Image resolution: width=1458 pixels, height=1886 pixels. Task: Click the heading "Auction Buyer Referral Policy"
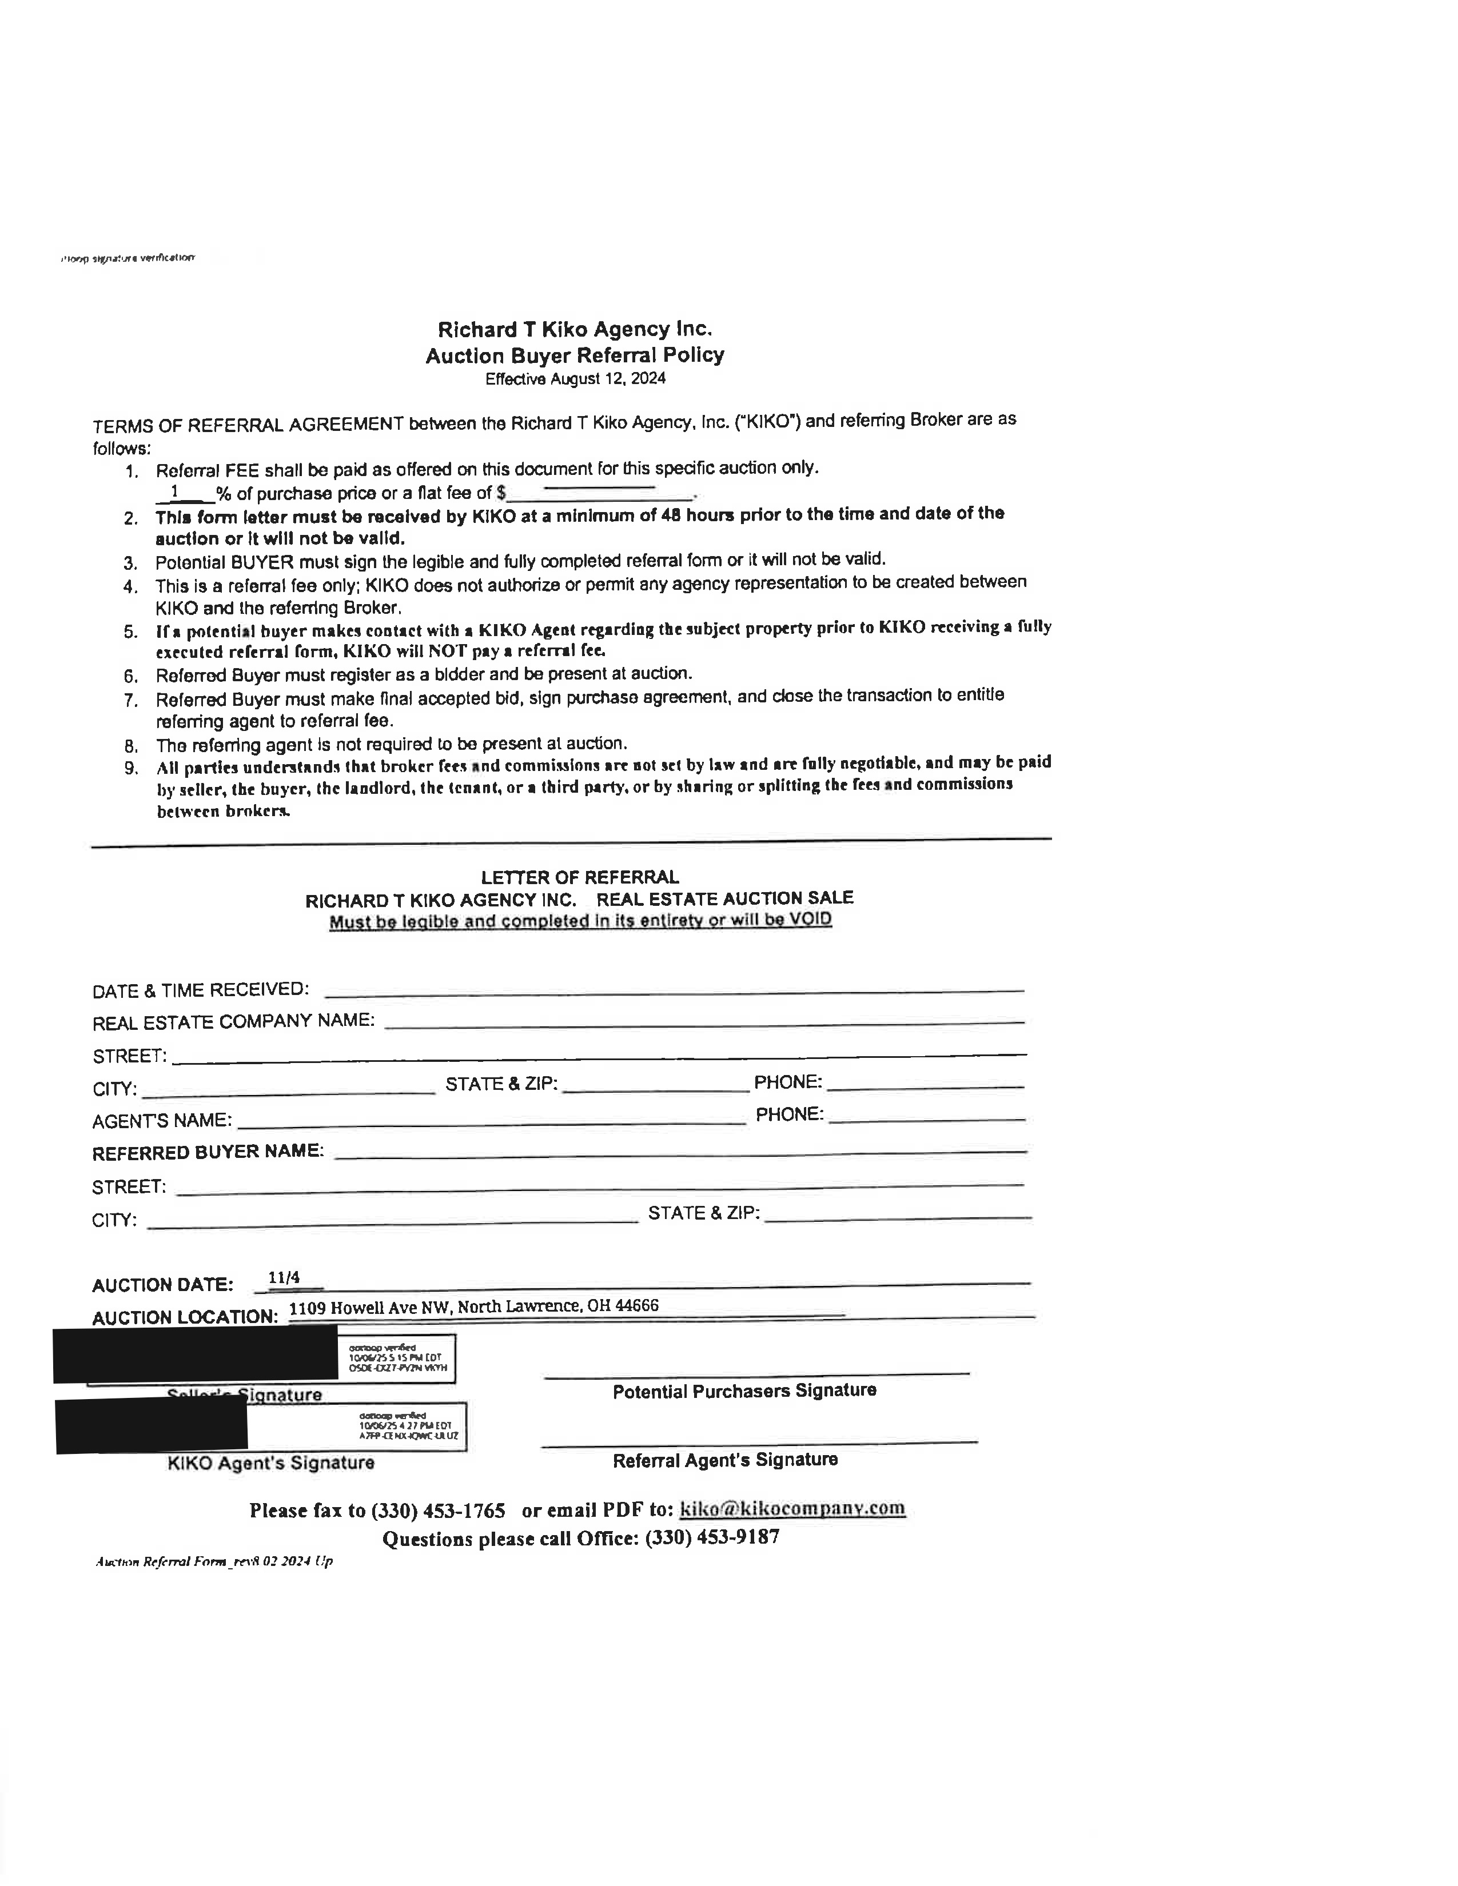coord(575,355)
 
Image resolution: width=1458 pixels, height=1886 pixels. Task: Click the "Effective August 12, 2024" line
coord(575,379)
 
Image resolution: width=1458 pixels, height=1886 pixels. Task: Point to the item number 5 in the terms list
coord(130,632)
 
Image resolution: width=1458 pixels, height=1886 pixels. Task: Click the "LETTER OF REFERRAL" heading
coord(580,877)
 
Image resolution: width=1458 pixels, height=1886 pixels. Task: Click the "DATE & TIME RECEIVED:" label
coord(200,990)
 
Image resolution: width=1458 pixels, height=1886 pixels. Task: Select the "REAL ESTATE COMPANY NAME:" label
coord(233,1022)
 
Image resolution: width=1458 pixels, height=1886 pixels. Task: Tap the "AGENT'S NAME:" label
coord(161,1120)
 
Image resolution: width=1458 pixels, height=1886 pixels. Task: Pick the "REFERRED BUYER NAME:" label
coord(208,1152)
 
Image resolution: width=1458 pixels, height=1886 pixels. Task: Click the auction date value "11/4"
coord(284,1277)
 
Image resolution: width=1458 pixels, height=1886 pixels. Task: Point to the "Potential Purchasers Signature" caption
coord(744,1391)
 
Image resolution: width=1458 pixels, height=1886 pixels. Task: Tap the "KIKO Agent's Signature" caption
coord(270,1463)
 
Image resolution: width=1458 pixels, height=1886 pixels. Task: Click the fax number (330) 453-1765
coord(438,1511)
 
